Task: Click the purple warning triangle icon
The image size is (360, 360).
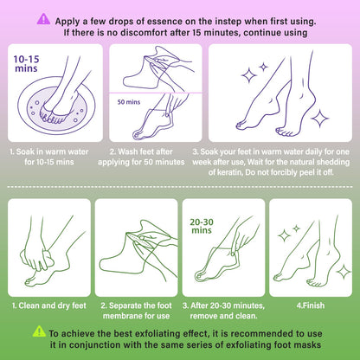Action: click(x=43, y=19)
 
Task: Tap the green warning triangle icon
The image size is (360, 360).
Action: click(x=39, y=331)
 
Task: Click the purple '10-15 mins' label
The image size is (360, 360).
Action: click(x=26, y=64)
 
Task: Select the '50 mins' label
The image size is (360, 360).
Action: click(x=129, y=102)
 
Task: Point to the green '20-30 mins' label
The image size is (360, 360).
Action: click(x=202, y=226)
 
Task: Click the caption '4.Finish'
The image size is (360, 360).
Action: click(x=311, y=305)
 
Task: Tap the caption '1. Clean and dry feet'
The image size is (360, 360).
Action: click(x=49, y=305)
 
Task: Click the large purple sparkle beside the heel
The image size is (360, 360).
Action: click(x=319, y=119)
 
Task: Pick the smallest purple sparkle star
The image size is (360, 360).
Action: click(x=263, y=67)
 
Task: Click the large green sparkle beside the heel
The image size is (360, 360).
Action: click(x=344, y=272)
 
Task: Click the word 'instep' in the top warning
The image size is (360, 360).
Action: click(x=228, y=22)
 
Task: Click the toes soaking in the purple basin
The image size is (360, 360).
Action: click(x=51, y=116)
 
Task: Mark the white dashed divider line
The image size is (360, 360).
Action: click(x=180, y=187)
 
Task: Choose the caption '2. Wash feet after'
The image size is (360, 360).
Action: click(x=141, y=151)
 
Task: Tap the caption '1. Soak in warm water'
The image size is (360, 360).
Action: click(x=49, y=151)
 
